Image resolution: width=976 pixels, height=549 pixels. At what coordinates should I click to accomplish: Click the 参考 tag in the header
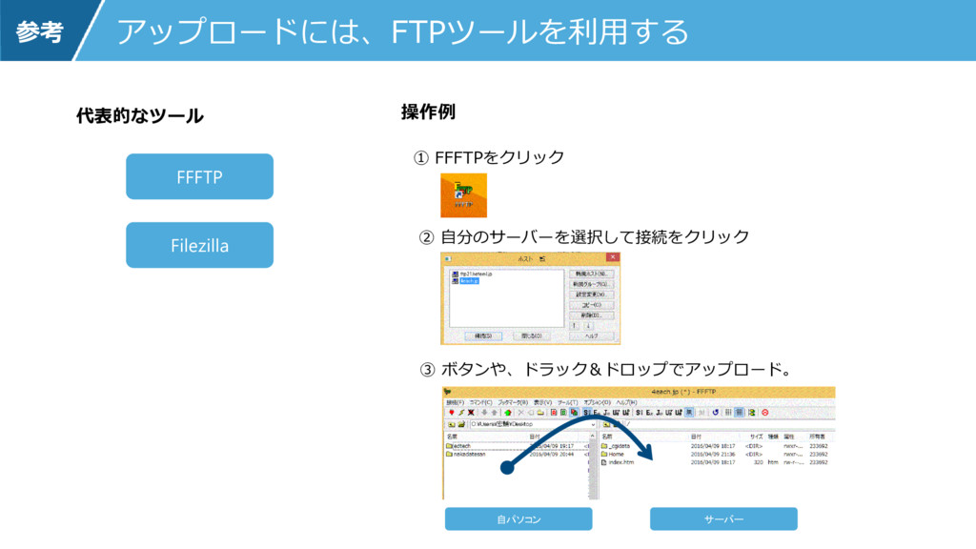tap(38, 31)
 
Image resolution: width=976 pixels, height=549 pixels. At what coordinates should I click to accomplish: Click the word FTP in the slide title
tap(412, 31)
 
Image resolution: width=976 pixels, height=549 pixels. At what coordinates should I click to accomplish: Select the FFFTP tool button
tap(200, 176)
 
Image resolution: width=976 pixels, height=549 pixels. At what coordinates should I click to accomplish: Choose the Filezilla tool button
tap(200, 245)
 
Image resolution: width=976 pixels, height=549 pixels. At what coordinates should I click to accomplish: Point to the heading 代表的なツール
tap(139, 116)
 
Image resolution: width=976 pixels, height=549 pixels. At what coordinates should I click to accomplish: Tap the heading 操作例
tap(428, 112)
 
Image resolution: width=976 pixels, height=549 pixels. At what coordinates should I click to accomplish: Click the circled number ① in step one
tap(420, 157)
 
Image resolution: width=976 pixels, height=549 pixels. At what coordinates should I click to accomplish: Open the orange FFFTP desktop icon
tap(463, 196)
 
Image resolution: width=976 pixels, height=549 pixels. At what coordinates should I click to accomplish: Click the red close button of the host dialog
tap(613, 257)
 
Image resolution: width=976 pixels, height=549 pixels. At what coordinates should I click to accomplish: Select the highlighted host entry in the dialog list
tap(469, 281)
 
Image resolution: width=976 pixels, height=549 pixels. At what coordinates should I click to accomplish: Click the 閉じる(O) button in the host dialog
tap(531, 335)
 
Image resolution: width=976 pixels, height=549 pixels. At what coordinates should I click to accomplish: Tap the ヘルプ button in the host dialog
tap(591, 335)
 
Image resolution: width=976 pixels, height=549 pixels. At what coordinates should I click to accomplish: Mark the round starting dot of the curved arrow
tap(507, 468)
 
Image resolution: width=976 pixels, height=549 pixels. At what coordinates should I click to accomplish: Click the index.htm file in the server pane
tap(620, 462)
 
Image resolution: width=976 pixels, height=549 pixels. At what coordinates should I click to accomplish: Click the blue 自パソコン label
tap(518, 518)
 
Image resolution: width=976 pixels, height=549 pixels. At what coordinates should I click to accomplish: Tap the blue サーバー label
tap(723, 518)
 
